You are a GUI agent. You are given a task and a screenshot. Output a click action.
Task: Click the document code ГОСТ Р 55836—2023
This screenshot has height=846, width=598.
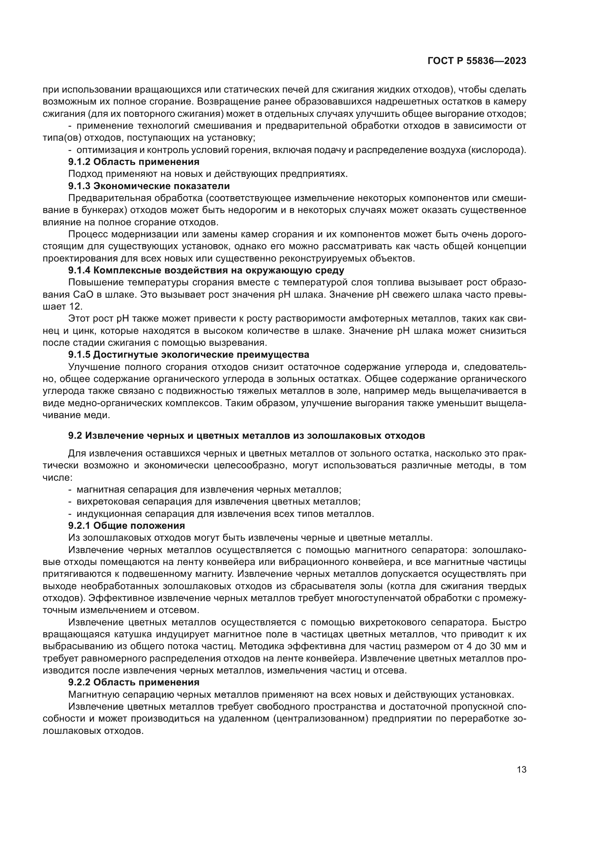point(477,61)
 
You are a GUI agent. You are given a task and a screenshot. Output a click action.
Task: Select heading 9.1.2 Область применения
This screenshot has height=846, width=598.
point(134,162)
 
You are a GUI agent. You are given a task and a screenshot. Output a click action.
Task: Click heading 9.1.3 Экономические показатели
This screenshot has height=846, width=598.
point(149,186)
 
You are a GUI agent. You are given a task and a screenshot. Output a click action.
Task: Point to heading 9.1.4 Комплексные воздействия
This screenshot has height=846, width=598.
point(206,271)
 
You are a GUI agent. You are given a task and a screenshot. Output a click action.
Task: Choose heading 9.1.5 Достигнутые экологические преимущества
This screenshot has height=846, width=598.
point(188,355)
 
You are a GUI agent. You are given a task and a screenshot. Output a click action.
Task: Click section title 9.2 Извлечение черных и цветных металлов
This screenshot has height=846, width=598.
point(246,435)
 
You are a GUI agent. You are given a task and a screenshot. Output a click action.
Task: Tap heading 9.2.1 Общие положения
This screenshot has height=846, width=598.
point(126,525)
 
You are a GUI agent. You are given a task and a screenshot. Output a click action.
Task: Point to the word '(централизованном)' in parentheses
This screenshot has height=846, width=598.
point(321,719)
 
